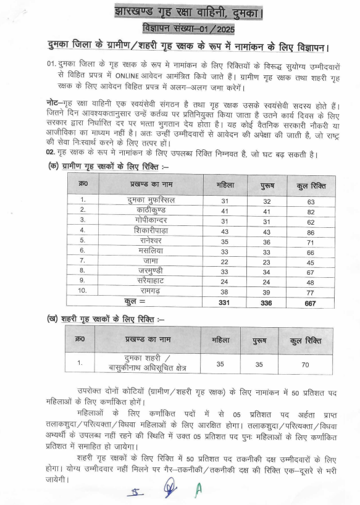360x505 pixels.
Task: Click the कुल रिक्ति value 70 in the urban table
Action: click(x=304, y=365)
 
